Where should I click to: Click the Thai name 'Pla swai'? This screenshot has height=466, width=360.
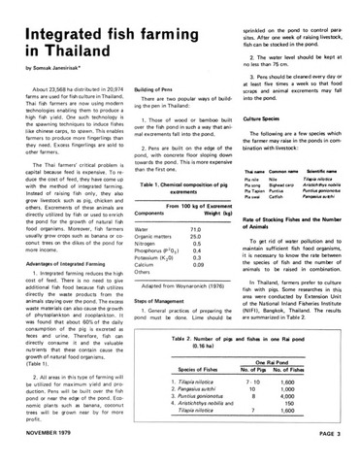click(246, 158)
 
